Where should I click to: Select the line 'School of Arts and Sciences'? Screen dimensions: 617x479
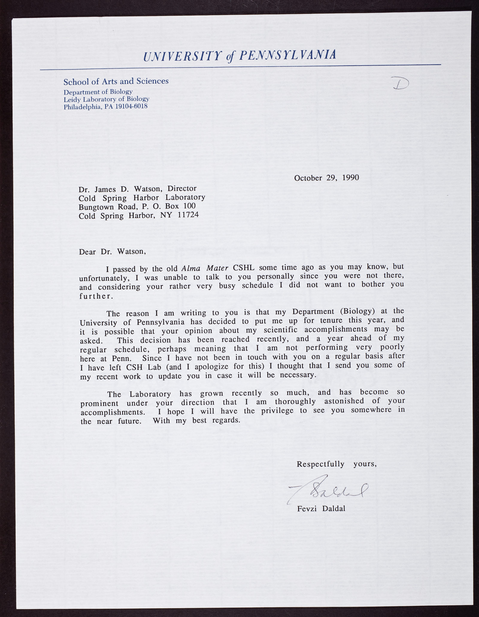pos(116,81)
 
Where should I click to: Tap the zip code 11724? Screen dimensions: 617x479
pos(187,215)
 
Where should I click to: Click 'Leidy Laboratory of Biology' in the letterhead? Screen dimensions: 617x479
pos(106,99)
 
